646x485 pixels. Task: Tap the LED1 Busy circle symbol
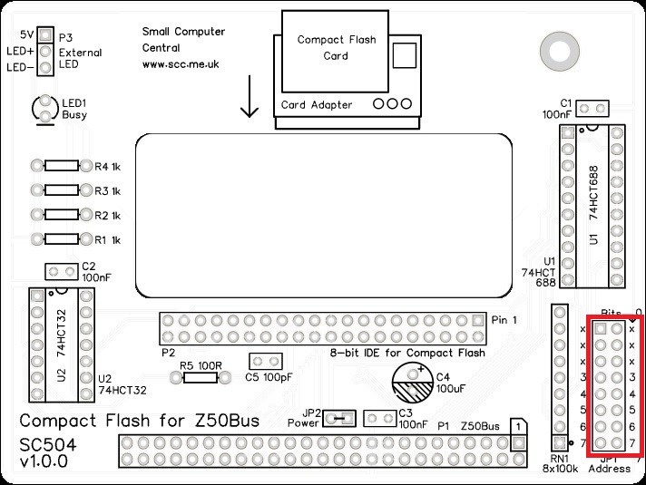44,110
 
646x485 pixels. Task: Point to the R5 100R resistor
199,377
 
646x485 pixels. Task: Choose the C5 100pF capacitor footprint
263,362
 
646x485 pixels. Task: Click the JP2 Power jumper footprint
338,418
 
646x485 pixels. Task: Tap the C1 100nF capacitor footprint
592,109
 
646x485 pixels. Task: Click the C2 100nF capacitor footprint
61,271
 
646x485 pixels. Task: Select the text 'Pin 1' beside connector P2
504,320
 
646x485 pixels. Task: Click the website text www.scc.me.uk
181,65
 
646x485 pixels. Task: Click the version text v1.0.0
44,462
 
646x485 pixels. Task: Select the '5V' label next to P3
28,34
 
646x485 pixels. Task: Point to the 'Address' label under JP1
609,469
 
